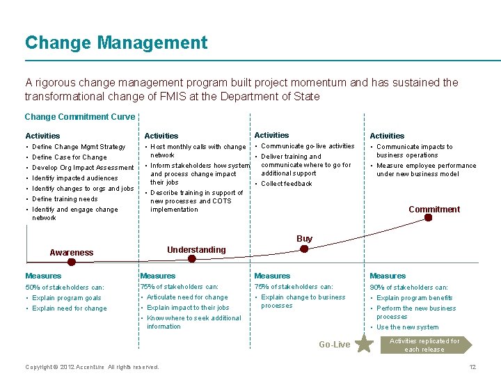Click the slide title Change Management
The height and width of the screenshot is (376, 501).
click(116, 43)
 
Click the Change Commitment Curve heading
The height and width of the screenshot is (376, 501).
click(79, 117)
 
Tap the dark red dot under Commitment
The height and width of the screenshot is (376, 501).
click(429, 218)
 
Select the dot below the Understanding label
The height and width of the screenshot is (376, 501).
click(196, 259)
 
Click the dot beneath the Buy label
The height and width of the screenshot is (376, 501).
click(304, 248)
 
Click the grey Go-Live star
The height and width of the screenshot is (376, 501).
click(364, 343)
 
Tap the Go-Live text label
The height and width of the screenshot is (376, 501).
click(334, 345)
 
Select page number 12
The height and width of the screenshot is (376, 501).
click(472, 367)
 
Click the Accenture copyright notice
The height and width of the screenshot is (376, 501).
click(92, 367)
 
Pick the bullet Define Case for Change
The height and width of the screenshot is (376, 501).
click(70, 157)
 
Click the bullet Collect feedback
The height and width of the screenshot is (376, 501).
click(287, 184)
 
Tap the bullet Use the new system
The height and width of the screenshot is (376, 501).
click(408, 327)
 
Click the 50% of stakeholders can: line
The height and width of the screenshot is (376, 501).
click(65, 287)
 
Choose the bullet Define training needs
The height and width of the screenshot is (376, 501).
click(65, 199)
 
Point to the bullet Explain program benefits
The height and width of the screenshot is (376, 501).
click(415, 298)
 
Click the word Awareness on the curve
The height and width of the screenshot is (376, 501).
click(72, 253)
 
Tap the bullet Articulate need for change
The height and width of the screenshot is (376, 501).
click(187, 297)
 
